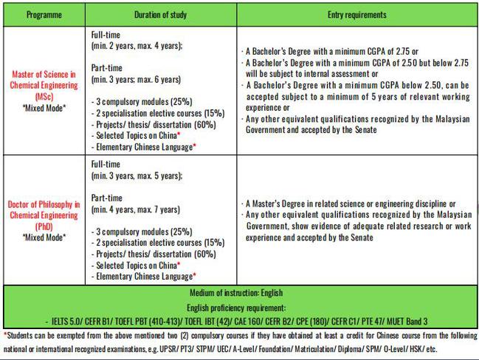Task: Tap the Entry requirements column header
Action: pos(356,15)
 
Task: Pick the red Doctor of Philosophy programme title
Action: pos(44,209)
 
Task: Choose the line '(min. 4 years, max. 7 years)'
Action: pos(135,209)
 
